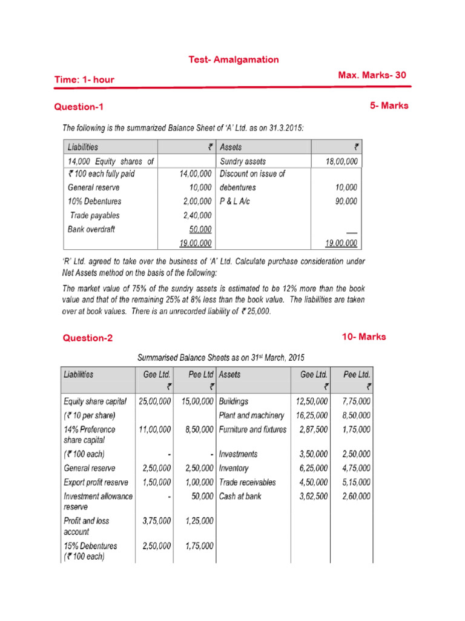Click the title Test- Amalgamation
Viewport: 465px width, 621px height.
pyautogui.click(x=234, y=59)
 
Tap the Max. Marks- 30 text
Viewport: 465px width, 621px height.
pyautogui.click(x=372, y=75)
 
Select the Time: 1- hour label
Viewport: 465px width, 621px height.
pyautogui.click(x=84, y=79)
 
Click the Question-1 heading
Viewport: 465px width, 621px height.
pyautogui.click(x=79, y=107)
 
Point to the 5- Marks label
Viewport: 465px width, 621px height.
pyautogui.click(x=389, y=106)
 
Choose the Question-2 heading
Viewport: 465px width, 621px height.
pyautogui.click(x=88, y=338)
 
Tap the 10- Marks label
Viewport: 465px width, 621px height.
pyautogui.click(x=364, y=337)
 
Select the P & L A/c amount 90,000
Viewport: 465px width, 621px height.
pyautogui.click(x=345, y=201)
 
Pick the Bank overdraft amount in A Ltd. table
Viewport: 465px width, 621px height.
pyautogui.click(x=199, y=229)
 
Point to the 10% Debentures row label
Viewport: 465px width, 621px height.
pyautogui.click(x=94, y=201)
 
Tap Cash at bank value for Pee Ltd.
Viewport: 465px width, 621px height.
pyautogui.click(x=357, y=496)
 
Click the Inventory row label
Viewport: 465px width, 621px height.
pyautogui.click(x=234, y=468)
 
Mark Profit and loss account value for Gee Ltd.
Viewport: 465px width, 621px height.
pyautogui.click(x=156, y=520)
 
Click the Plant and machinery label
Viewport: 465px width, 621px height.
pyautogui.click(x=251, y=415)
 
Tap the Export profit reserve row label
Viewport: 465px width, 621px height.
pyautogui.click(x=96, y=482)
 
